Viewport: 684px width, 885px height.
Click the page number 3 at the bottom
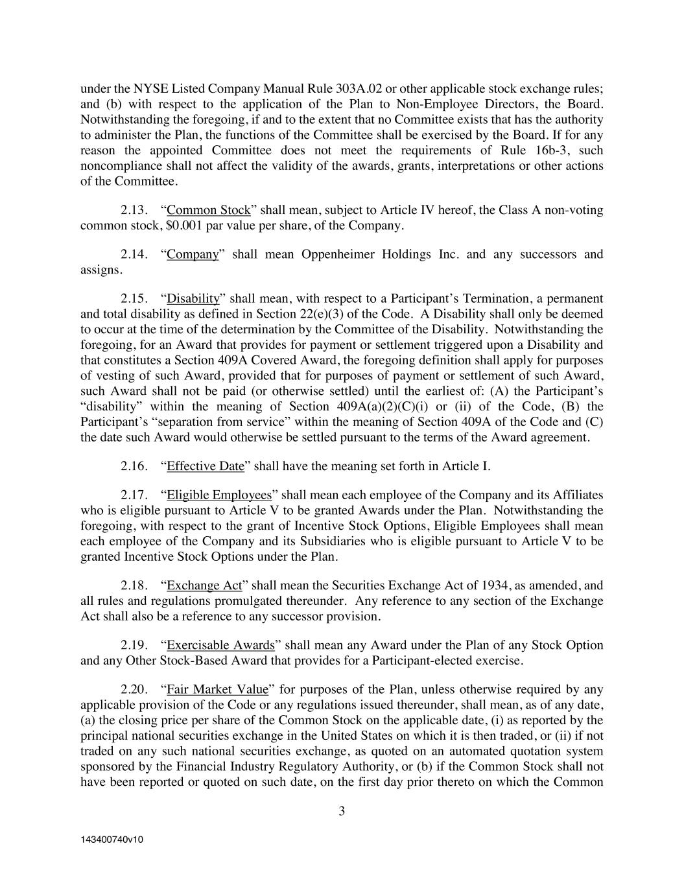tap(342, 811)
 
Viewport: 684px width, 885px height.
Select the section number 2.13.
tap(135, 210)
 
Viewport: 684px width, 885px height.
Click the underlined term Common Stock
tap(208, 210)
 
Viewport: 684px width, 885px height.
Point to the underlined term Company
tap(193, 254)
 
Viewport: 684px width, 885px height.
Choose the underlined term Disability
tap(193, 298)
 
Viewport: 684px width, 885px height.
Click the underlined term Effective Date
tap(206, 466)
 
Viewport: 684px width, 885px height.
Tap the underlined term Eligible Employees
tap(219, 495)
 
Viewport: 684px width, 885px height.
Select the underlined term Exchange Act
tap(204, 585)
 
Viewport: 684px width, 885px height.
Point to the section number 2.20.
tap(135, 689)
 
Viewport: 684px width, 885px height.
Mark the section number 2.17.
tap(135, 495)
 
